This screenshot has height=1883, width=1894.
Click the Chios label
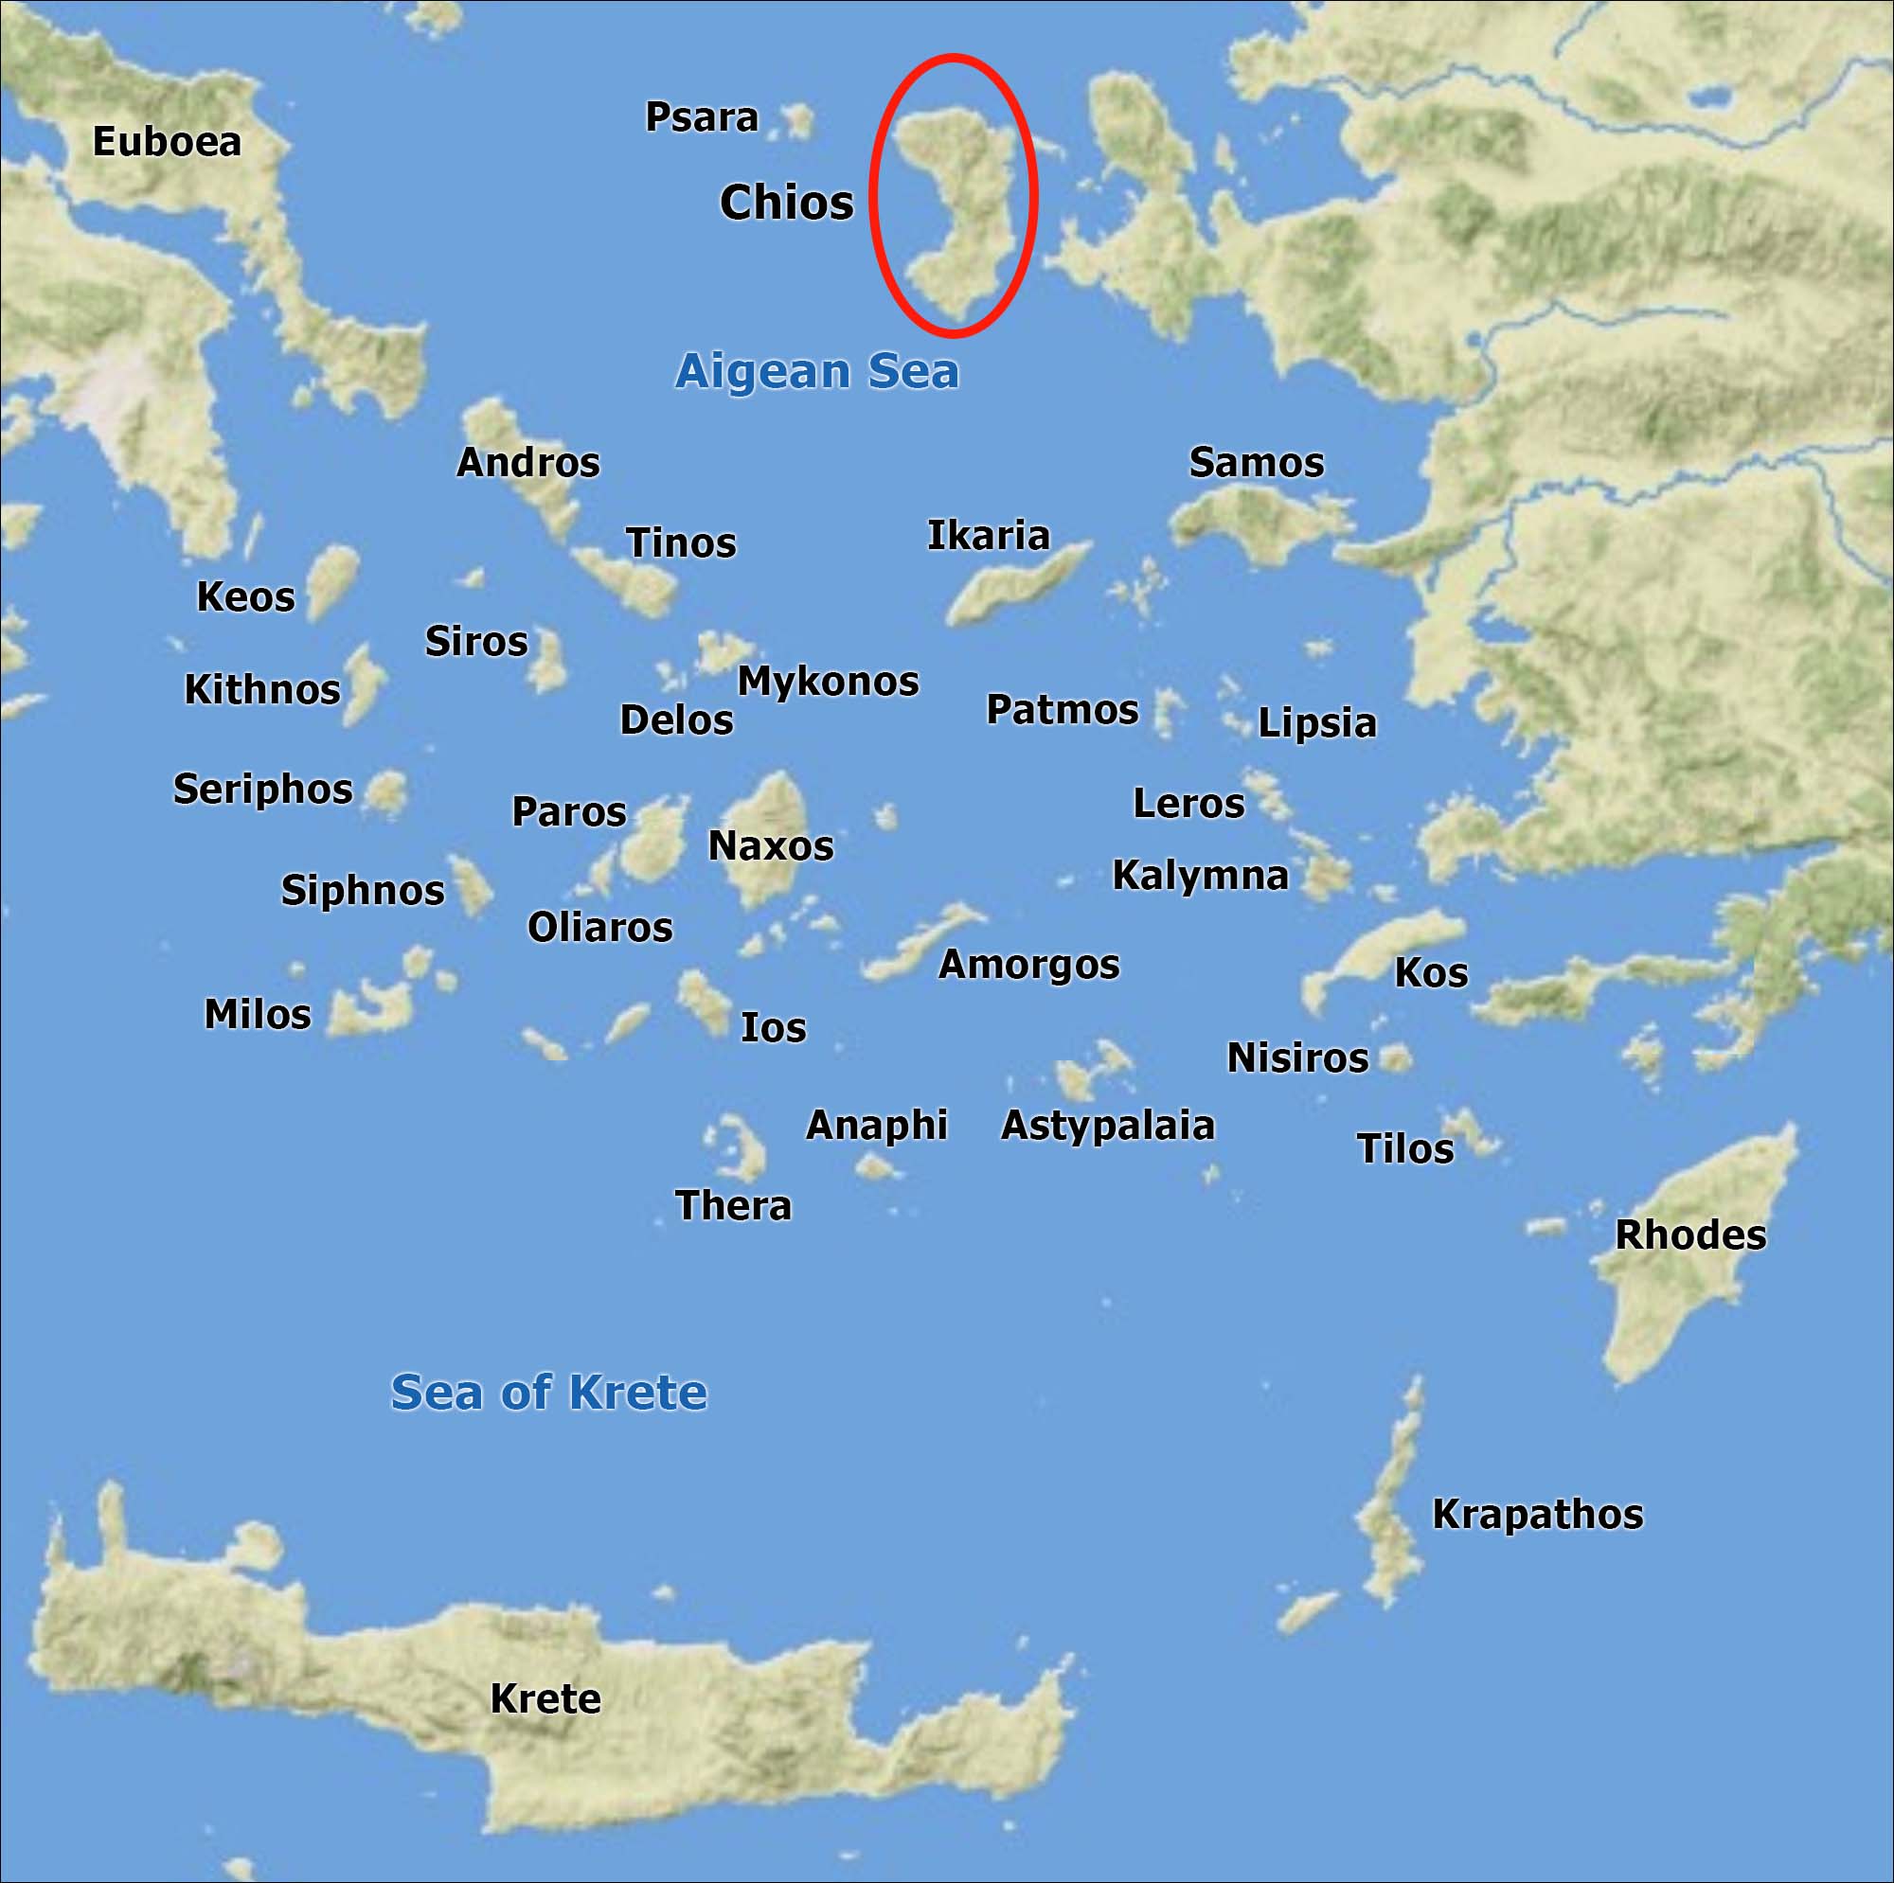coord(786,203)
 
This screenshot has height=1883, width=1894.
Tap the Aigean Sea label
coord(816,371)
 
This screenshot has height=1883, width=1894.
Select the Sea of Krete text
coord(548,1392)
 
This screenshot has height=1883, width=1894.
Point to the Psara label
coord(701,117)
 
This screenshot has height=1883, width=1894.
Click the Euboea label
coord(167,142)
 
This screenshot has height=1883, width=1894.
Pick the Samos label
coord(1256,463)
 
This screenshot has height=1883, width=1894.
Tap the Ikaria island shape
coord(1014,586)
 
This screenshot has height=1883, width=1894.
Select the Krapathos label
coord(1537,1515)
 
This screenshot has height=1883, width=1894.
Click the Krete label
coord(545,1698)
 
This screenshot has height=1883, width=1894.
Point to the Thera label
coord(733,1206)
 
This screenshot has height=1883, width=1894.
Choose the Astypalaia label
coord(1107,1126)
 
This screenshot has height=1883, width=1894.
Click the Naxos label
coord(771,846)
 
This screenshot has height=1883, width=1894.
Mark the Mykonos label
coord(828,682)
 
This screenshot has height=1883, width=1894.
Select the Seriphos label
coord(262,789)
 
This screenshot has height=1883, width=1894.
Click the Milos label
coord(257,1015)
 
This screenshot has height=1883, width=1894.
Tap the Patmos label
coord(1062,710)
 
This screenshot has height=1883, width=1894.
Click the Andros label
coord(527,463)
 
